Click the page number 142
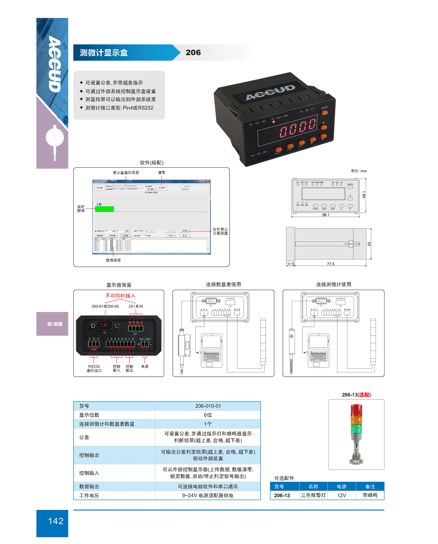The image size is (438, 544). (x=56, y=521)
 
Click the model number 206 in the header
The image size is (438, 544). (x=193, y=52)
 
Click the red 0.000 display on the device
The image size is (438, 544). (x=298, y=127)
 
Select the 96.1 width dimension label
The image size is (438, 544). (x=326, y=215)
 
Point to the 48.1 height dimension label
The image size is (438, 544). (x=364, y=194)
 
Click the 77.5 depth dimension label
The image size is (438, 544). (x=330, y=264)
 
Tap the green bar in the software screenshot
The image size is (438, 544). (x=104, y=209)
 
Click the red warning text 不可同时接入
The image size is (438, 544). (x=120, y=296)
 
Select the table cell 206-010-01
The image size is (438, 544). (x=208, y=406)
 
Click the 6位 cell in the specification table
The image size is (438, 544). (x=208, y=415)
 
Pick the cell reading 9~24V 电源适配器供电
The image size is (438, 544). (x=208, y=495)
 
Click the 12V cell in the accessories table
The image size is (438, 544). (x=342, y=495)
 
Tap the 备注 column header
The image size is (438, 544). (x=370, y=486)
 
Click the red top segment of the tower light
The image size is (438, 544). (x=356, y=410)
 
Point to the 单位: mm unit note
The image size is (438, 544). (x=359, y=171)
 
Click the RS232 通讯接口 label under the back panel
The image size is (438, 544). (x=94, y=369)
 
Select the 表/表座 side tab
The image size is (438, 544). (x=55, y=324)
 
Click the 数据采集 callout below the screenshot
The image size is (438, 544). (x=113, y=260)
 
